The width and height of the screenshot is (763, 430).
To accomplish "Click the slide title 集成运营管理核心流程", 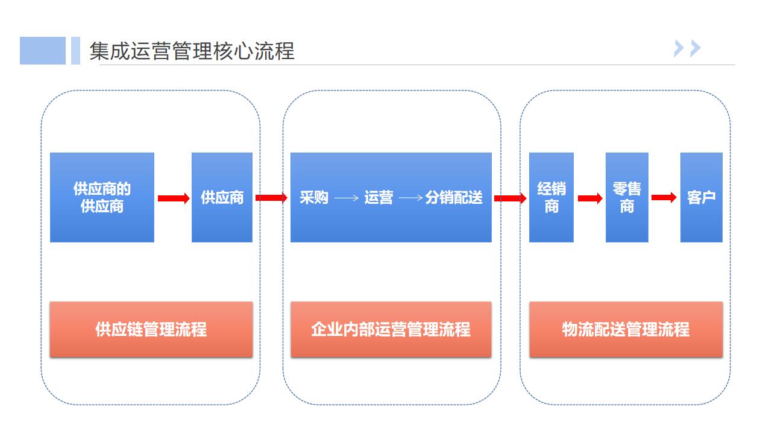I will pyautogui.click(x=192, y=51).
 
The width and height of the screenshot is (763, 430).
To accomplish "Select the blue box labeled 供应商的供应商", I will pyautogui.click(x=102, y=197).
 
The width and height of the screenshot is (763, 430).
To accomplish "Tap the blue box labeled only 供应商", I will pyautogui.click(x=222, y=197).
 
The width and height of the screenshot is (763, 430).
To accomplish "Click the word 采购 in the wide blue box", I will pyautogui.click(x=314, y=197).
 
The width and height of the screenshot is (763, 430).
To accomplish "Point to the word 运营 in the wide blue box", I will pyautogui.click(x=378, y=197).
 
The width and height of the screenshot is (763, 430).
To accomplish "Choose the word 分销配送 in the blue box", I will pyautogui.click(x=454, y=197).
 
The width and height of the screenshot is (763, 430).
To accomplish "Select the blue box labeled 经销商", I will pyautogui.click(x=551, y=197).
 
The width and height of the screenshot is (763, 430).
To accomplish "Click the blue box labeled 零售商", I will pyautogui.click(x=627, y=197).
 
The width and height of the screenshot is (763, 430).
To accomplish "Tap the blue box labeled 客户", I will pyautogui.click(x=701, y=197).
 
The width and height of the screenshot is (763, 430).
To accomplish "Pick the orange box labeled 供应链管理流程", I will pyautogui.click(x=151, y=329).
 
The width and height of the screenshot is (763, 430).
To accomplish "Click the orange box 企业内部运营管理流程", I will pyautogui.click(x=391, y=329).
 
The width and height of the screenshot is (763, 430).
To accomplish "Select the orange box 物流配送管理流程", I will pyautogui.click(x=626, y=329).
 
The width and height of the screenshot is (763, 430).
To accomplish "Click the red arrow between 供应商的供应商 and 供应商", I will pyautogui.click(x=174, y=198).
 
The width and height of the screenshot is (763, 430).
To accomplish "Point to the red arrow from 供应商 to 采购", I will pyautogui.click(x=271, y=198).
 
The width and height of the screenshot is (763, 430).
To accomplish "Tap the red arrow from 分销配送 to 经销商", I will pyautogui.click(x=510, y=198).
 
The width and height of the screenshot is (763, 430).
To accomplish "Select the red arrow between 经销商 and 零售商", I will pyautogui.click(x=590, y=198).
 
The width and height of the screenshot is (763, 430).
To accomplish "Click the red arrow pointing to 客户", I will pyautogui.click(x=664, y=198).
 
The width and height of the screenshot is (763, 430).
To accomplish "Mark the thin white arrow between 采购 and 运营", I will pyautogui.click(x=347, y=198).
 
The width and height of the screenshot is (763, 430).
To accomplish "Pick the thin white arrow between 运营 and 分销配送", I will pyautogui.click(x=410, y=198).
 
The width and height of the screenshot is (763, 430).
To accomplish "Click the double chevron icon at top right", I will pyautogui.click(x=688, y=48).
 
